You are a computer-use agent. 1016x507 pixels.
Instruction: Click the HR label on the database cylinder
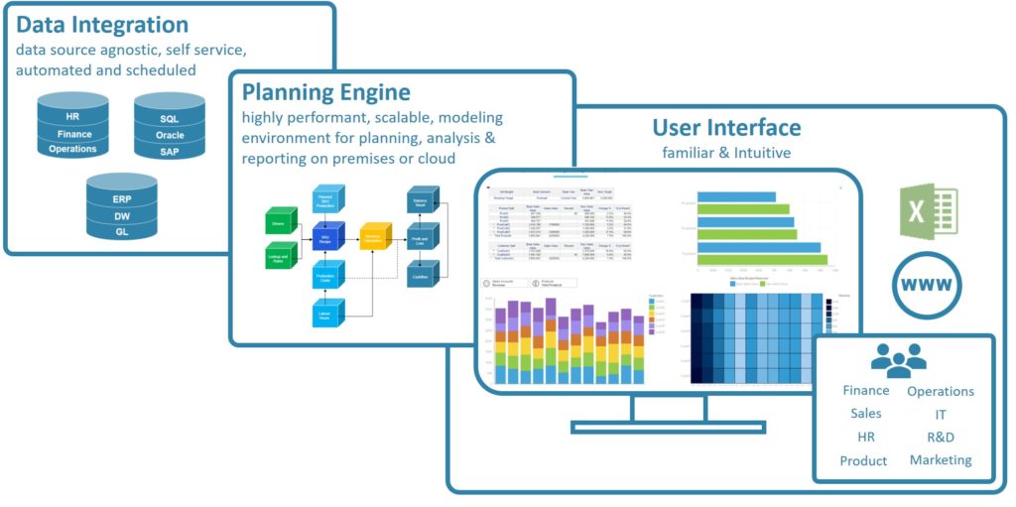72,101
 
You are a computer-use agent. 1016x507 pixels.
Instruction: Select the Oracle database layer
170,135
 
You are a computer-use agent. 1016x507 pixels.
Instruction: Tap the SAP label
170,152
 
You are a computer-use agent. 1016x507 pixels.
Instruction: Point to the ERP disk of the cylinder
121,197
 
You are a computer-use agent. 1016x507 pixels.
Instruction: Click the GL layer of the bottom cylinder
121,230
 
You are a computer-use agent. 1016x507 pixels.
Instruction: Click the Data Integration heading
103,25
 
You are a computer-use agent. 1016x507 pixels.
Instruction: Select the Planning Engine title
325,93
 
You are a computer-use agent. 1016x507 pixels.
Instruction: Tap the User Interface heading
726,127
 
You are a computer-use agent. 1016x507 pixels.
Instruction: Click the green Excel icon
929,211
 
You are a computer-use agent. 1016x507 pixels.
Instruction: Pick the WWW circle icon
928,287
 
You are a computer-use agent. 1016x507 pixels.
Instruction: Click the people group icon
898,360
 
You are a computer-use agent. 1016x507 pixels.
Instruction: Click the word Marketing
941,460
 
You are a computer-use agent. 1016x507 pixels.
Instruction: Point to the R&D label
941,438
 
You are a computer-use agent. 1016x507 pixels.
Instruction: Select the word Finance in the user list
865,390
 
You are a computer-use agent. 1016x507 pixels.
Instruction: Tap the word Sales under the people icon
865,414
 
